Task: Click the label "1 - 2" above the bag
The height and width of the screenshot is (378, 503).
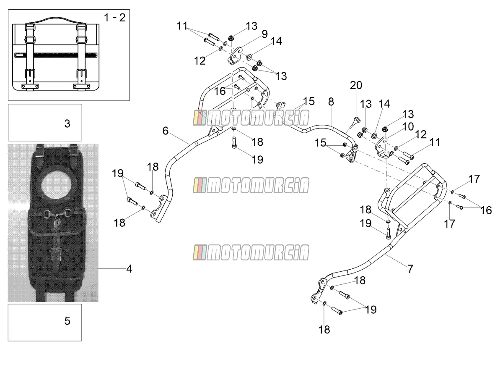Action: click(114, 18)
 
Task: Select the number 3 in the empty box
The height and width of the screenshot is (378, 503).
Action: click(67, 123)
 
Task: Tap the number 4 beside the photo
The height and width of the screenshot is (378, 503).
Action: click(129, 268)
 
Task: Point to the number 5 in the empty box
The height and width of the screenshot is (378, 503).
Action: click(67, 320)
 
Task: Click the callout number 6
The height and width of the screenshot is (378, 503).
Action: click(166, 131)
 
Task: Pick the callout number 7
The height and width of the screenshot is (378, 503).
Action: click(410, 268)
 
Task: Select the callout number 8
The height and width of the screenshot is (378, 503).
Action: click(331, 102)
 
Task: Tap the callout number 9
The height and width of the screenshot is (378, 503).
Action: click(264, 34)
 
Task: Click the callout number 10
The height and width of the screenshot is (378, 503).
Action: click(408, 126)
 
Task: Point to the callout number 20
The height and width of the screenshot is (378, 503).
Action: click(356, 85)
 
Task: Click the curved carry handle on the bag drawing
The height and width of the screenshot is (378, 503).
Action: click(56, 19)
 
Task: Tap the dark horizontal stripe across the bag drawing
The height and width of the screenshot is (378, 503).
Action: click(56, 55)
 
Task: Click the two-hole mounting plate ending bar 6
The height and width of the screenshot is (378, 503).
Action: click(158, 209)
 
